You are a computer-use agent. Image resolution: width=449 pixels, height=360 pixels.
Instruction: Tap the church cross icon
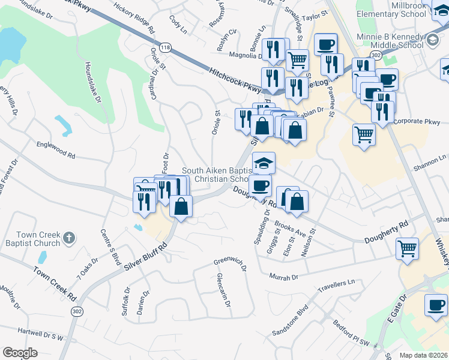pyautogui.click(x=69, y=238)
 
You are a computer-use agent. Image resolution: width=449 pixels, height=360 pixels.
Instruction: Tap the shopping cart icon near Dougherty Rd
pyautogui.click(x=408, y=248)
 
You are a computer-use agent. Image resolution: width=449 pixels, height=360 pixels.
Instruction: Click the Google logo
pyautogui.click(x=20, y=353)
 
